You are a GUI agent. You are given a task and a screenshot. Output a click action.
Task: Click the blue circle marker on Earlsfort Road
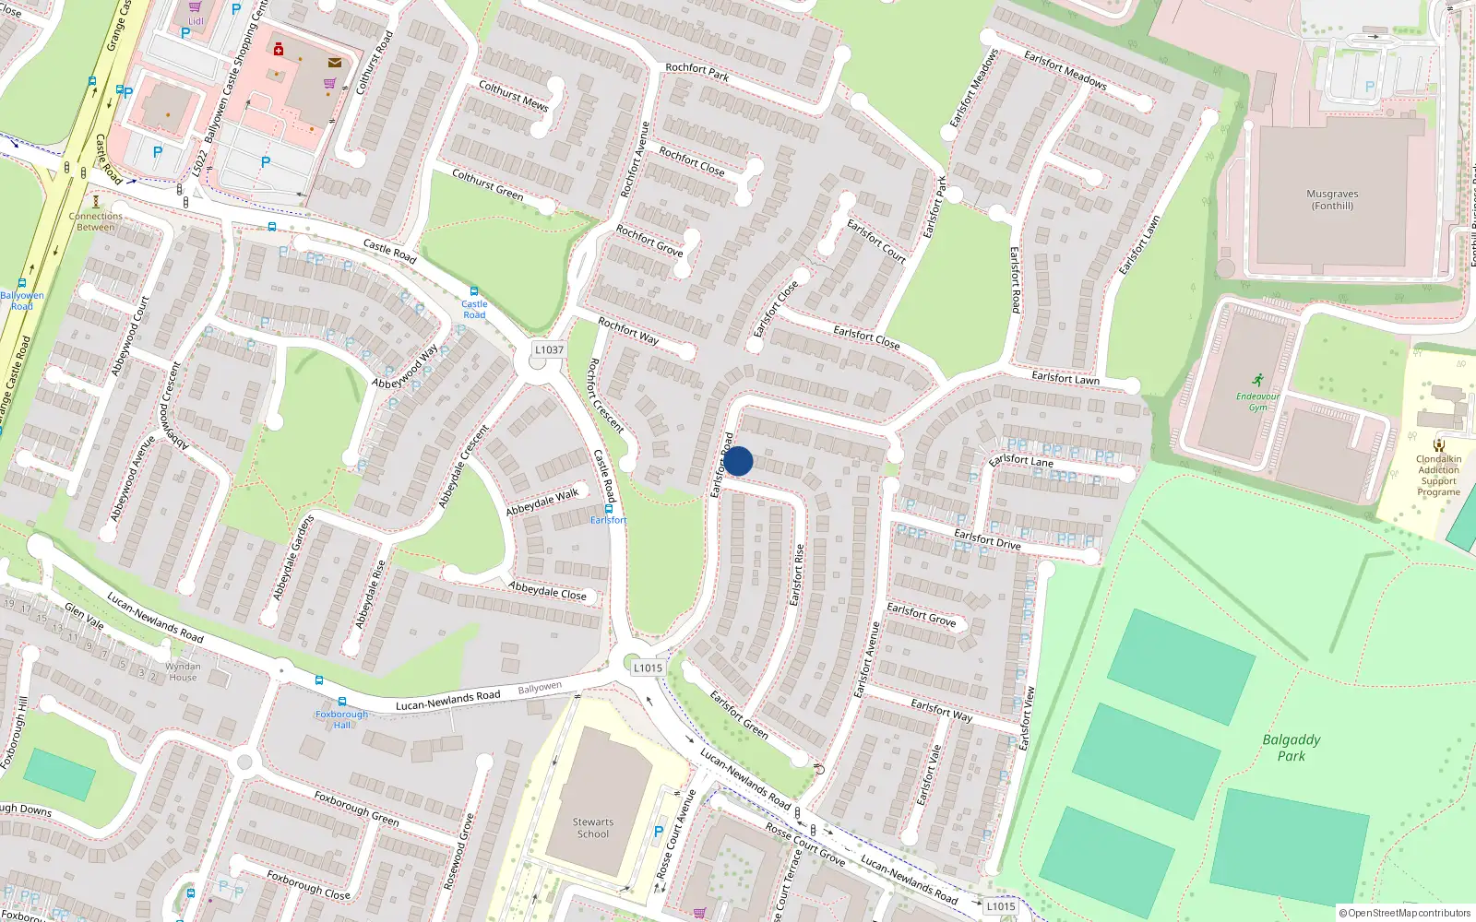point(738,461)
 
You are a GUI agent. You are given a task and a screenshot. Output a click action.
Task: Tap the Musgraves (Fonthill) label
point(1332,200)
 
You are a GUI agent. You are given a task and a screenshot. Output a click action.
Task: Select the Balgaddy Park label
point(1291,748)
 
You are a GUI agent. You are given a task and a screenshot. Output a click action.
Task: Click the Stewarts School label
point(593,828)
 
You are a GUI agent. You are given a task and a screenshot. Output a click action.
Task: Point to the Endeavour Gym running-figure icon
point(1258,380)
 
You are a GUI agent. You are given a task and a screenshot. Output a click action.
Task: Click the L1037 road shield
point(549,349)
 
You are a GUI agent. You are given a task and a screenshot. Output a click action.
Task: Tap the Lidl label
point(196,20)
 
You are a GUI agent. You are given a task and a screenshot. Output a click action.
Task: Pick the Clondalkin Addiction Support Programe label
point(1438,475)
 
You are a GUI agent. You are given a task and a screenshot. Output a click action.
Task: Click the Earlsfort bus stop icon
point(609,509)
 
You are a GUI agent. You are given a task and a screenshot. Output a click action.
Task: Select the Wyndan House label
point(183,671)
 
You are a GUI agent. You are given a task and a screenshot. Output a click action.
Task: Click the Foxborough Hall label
point(341,719)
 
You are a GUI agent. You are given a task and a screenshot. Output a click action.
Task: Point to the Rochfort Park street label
point(696,72)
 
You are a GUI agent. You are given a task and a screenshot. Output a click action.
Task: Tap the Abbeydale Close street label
point(547,590)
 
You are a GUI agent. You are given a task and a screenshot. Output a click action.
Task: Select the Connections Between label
point(96,221)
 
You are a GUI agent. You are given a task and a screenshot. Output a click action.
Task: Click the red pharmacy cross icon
point(279,49)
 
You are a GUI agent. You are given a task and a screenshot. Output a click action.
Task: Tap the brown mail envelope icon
point(335,63)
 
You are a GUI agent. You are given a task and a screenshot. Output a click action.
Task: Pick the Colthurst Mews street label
point(513,96)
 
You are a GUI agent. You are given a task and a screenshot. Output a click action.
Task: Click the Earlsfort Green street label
point(739,715)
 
